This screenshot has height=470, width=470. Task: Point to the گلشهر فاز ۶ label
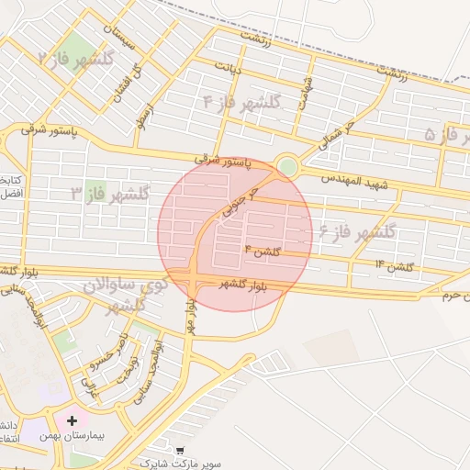[x=358, y=231]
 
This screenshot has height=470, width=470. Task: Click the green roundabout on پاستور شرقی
[x=287, y=167]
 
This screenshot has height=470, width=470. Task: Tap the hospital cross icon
[x=72, y=420]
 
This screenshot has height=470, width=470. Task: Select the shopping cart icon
[x=179, y=451]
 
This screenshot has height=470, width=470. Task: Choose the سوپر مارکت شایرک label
[x=180, y=464]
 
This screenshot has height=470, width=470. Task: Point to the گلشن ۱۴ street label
[x=394, y=266]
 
